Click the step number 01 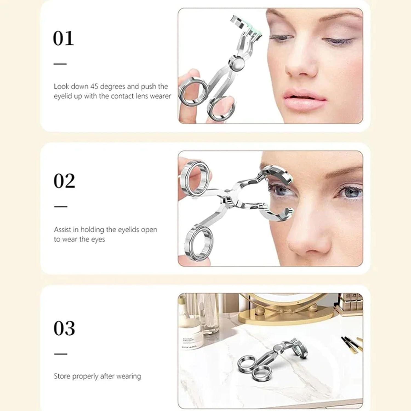click(x=63, y=38)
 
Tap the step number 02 click(x=64, y=181)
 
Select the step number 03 click(x=64, y=328)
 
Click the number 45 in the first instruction click(x=94, y=87)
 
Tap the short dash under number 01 click(x=60, y=64)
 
